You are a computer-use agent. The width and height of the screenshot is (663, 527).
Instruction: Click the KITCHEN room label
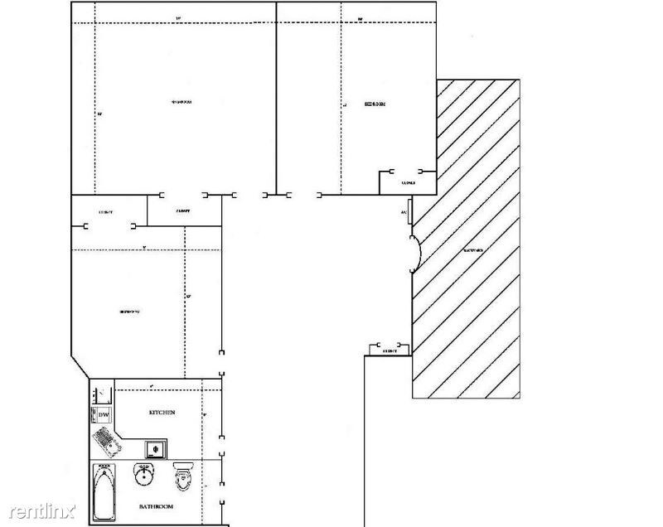[x=162, y=413]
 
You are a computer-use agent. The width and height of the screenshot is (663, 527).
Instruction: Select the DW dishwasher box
[x=104, y=414]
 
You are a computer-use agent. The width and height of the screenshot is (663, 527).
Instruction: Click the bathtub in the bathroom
[x=104, y=492]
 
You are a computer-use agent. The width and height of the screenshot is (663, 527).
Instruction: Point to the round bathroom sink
[x=143, y=476]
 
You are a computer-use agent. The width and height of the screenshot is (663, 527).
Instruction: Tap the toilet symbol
[x=182, y=476]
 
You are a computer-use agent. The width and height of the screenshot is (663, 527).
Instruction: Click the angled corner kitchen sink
[x=107, y=440]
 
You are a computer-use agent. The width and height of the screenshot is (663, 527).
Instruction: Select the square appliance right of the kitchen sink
[x=155, y=449]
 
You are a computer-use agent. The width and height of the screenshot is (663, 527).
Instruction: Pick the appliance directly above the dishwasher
[x=103, y=394]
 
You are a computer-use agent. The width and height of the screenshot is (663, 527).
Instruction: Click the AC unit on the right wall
[x=405, y=211]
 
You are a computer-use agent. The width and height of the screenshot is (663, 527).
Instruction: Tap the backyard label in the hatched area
[x=473, y=249]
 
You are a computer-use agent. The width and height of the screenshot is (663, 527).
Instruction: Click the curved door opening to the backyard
[x=417, y=253]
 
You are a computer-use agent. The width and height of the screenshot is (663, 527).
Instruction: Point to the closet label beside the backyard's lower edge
[x=390, y=351]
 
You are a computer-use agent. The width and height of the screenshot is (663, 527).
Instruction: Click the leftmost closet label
[x=105, y=212]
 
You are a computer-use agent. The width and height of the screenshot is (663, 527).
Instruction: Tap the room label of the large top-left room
[x=181, y=103]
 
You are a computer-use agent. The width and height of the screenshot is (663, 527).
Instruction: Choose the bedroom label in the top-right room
[x=375, y=104]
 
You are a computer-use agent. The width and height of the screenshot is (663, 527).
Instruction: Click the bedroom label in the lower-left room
[x=129, y=312]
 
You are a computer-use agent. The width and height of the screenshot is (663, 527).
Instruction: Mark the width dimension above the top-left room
[x=178, y=18]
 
